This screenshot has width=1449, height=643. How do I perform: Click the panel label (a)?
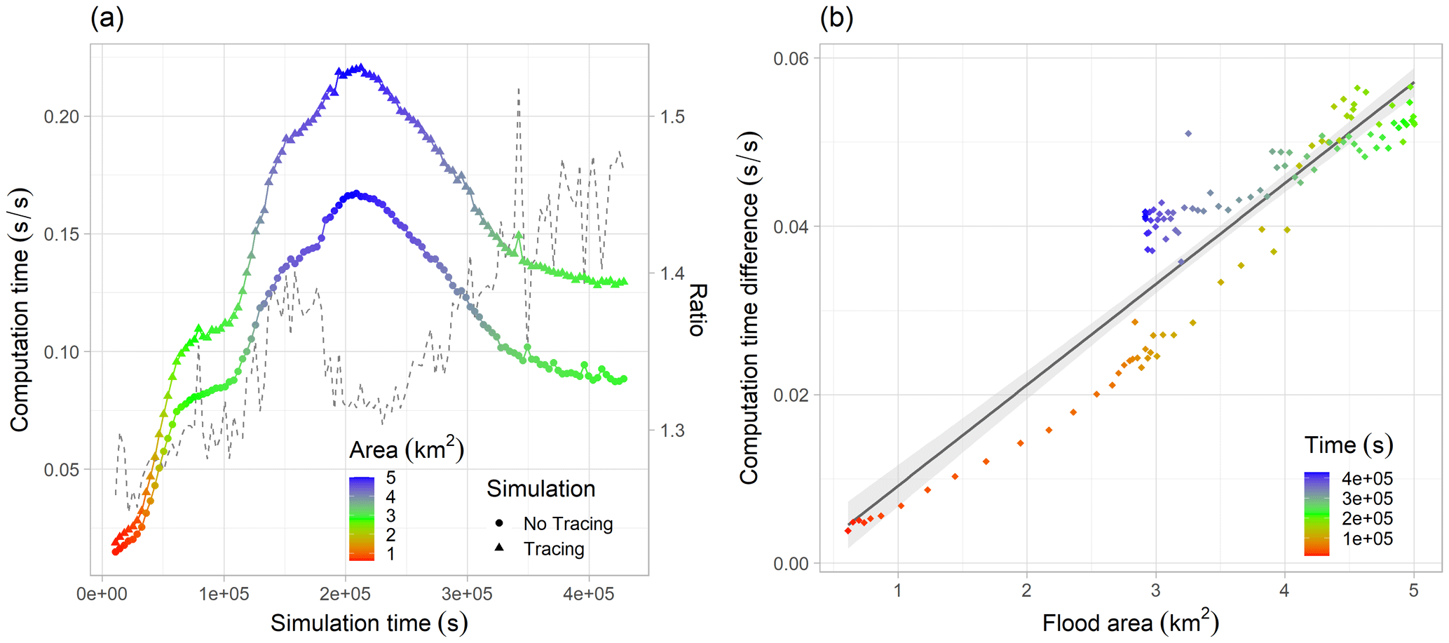point(107,18)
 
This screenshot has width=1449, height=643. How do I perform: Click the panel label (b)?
point(837,18)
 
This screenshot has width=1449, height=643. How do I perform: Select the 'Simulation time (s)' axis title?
point(369,623)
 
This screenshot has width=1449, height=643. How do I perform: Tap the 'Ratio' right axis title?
point(698,310)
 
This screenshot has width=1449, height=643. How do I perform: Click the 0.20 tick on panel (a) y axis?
point(62,116)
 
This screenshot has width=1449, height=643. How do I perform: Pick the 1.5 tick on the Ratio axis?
point(672,116)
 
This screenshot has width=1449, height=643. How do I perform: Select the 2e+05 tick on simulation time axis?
point(345,595)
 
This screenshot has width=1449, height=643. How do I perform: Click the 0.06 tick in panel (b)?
point(791,58)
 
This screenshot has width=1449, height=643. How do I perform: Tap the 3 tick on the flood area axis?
point(1155,590)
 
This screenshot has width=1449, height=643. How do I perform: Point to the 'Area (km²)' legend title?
point(407,449)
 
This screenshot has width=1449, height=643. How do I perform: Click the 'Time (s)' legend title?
point(1348,445)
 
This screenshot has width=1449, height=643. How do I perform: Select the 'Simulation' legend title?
point(540,489)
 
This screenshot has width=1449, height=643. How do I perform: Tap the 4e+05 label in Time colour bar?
point(1367,479)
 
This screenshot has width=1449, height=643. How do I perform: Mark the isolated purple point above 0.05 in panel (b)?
point(1188,133)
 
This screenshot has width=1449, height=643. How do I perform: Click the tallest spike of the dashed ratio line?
point(518,90)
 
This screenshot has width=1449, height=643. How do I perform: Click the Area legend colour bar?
point(362,519)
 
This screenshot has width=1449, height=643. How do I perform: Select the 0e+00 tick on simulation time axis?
point(102,595)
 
